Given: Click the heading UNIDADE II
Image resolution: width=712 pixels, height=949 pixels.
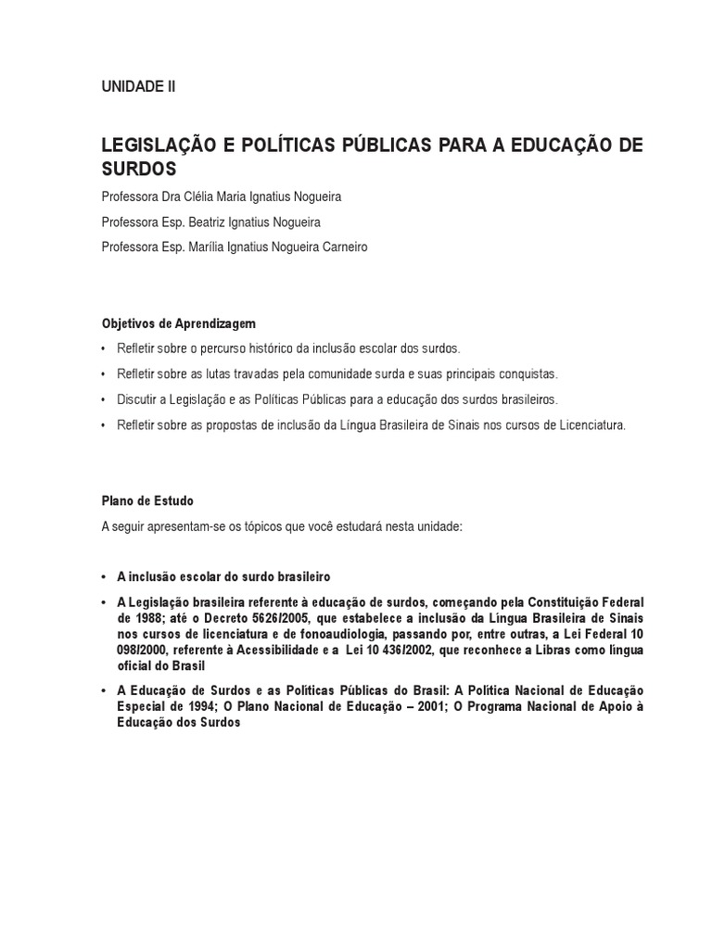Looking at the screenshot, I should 137,87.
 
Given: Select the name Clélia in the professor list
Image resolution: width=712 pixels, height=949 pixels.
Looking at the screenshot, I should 213,197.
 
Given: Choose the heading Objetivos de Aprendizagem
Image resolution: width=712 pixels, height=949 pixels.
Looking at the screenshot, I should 178,323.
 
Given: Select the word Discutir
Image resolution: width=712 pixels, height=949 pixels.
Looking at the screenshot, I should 137,399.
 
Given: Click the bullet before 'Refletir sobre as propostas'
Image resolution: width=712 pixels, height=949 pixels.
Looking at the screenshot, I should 105,424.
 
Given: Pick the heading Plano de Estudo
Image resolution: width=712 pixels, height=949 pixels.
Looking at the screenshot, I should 147,500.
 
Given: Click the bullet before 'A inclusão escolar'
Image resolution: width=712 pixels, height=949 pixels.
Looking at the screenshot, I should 105,576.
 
